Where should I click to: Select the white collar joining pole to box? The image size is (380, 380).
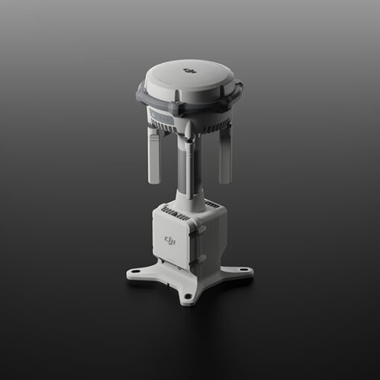(191, 200)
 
